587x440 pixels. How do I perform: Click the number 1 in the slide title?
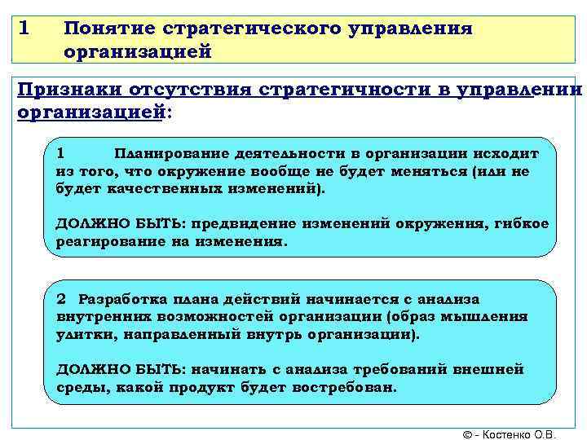click(x=24, y=29)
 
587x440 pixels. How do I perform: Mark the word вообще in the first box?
click(x=288, y=171)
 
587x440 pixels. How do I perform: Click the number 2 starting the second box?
click(x=60, y=299)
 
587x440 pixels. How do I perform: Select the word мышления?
click(x=494, y=317)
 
